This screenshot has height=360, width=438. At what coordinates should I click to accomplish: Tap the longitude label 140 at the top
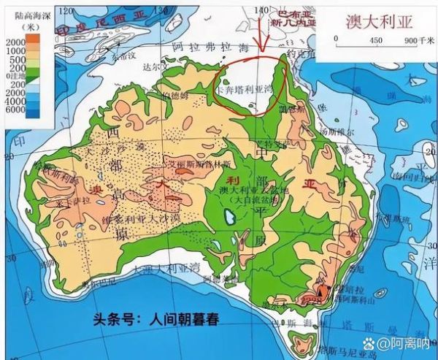pyautogui.click(x=261, y=9)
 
